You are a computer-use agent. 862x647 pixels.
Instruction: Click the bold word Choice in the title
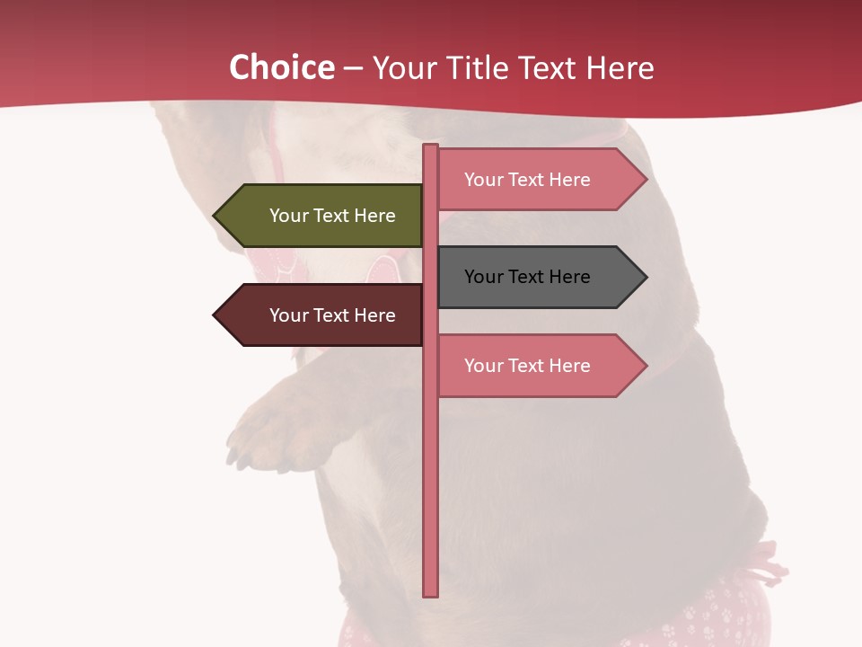tap(281, 67)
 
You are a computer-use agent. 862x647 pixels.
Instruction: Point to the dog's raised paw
tap(269, 431)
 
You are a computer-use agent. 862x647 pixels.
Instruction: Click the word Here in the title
tap(620, 67)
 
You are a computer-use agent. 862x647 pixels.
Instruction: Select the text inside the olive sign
tap(332, 216)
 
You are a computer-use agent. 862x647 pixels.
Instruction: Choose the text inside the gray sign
tap(527, 277)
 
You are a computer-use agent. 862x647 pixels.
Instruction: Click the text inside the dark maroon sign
tap(332, 315)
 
